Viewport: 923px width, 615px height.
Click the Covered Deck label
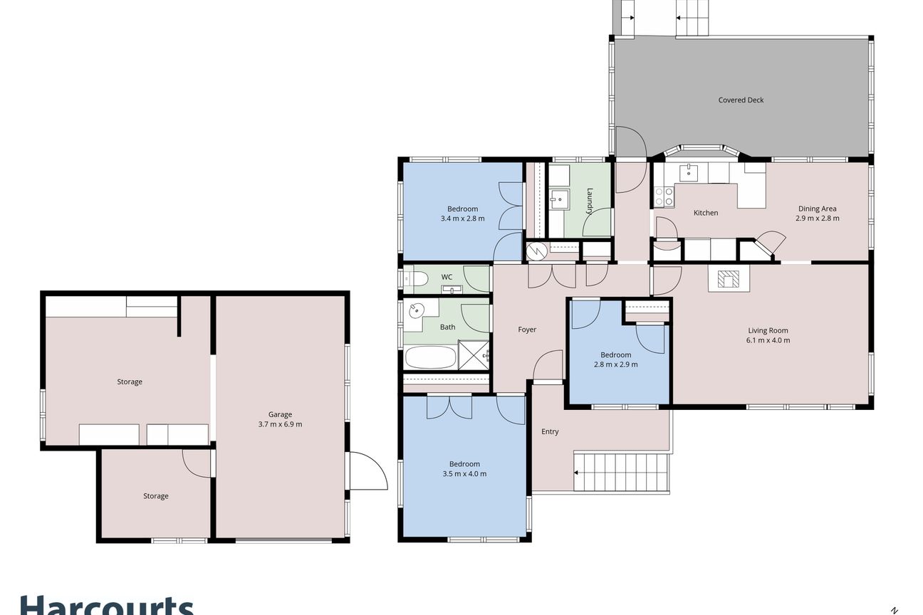[x=741, y=100]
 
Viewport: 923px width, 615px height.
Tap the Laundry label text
[x=589, y=201]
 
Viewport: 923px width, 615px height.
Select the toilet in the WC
[x=417, y=279]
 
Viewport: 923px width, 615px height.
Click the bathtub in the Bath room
[x=430, y=357]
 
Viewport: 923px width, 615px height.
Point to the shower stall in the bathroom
[x=474, y=355]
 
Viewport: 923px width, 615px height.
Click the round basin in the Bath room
[x=417, y=310]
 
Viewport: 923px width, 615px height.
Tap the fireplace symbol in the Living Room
[x=729, y=278]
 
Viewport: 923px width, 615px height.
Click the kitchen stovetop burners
[x=664, y=196]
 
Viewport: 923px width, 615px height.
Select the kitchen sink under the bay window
[x=688, y=172]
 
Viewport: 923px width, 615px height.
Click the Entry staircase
[x=620, y=472]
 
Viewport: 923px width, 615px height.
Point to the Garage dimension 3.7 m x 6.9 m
[x=280, y=424]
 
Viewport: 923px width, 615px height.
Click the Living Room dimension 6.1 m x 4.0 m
[x=768, y=340]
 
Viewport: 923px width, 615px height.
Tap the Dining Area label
[x=817, y=209]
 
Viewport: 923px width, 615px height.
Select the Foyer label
[x=527, y=330]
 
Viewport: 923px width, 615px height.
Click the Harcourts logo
[x=107, y=605]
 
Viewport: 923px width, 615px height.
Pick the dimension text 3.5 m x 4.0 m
[x=464, y=474]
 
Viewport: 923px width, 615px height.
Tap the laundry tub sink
[x=559, y=200]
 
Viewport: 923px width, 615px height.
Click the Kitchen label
[x=706, y=213]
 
